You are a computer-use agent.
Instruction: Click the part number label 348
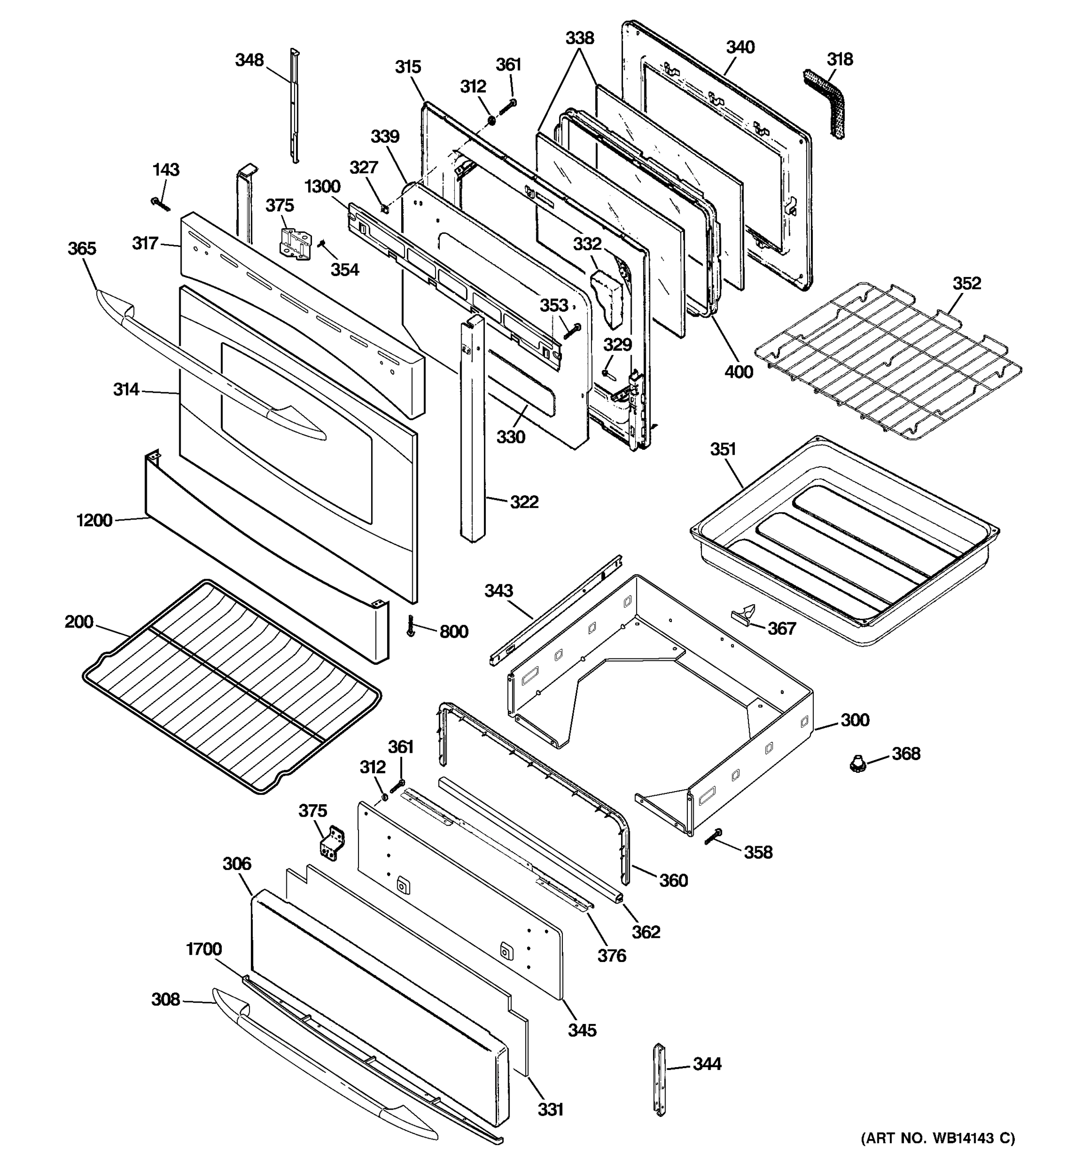(249, 60)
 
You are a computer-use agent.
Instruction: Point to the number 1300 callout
(322, 187)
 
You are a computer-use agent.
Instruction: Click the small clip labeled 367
(744, 615)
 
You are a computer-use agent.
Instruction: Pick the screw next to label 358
(714, 837)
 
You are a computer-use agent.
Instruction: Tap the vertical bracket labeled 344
(660, 1080)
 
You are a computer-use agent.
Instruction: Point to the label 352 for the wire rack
(966, 284)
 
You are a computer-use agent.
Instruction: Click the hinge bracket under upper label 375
(296, 245)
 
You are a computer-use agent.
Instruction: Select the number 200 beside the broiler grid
(79, 622)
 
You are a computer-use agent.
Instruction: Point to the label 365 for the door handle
(82, 249)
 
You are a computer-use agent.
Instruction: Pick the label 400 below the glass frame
(739, 372)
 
